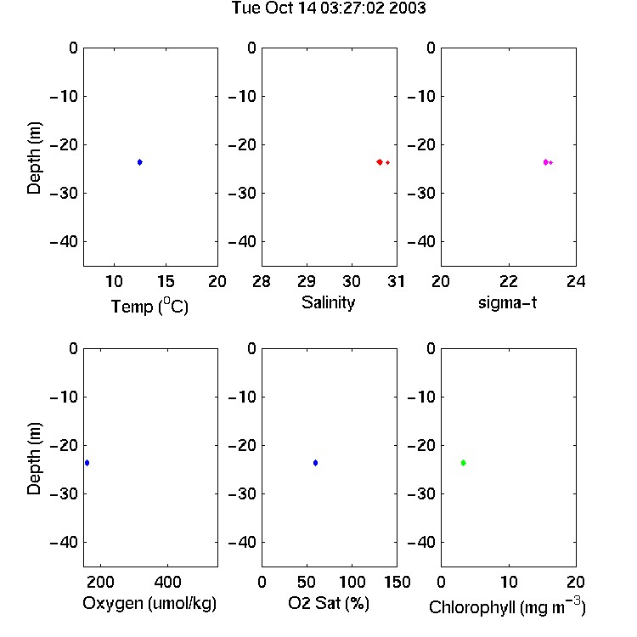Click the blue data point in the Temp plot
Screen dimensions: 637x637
(x=140, y=162)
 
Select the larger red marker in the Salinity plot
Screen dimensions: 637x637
(x=380, y=162)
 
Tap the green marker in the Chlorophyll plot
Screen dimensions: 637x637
(x=463, y=463)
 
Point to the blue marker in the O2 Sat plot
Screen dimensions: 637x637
(x=315, y=463)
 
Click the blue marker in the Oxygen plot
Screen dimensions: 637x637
(x=87, y=463)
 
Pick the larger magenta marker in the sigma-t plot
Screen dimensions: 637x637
(x=545, y=162)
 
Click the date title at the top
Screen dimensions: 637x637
(x=329, y=8)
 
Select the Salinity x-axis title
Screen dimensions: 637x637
(x=328, y=303)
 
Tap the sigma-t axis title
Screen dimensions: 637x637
(x=507, y=302)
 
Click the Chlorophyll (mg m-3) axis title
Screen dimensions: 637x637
(x=507, y=606)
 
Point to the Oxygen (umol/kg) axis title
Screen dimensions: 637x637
(x=149, y=604)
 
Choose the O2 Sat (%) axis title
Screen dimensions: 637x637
(x=329, y=604)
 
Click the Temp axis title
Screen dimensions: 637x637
(x=149, y=306)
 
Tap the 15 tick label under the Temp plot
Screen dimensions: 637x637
(x=166, y=281)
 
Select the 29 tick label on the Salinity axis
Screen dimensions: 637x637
(x=307, y=281)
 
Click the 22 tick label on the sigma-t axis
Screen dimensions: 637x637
(x=509, y=281)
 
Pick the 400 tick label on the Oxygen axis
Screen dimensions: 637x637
(x=168, y=582)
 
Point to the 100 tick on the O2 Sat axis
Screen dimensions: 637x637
(x=352, y=582)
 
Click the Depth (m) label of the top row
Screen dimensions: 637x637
(x=34, y=158)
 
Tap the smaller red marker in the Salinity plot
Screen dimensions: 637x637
(x=388, y=162)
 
